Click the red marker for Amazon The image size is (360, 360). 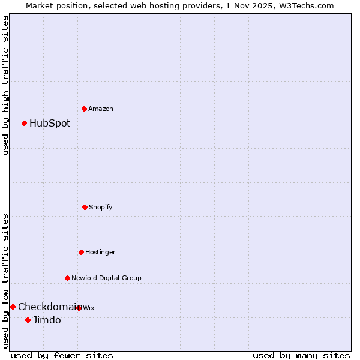(85, 109)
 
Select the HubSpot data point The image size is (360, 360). (25, 124)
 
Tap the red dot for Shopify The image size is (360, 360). (85, 207)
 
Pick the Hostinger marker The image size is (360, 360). (81, 252)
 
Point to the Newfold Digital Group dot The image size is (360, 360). (67, 278)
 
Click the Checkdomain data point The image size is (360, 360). (13, 307)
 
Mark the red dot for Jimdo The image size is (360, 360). (28, 320)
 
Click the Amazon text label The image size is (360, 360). (101, 109)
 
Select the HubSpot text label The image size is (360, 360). (50, 124)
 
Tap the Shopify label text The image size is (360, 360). (101, 207)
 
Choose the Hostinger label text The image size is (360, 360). (100, 252)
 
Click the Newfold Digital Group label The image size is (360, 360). (106, 278)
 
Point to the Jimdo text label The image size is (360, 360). (47, 320)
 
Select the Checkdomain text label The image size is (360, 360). (48, 307)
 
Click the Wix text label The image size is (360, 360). (89, 308)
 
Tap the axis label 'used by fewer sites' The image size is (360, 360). (62, 355)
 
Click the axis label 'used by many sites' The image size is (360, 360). (301, 355)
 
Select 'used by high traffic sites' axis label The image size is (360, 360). (5, 85)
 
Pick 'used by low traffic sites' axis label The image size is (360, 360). (5, 281)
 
